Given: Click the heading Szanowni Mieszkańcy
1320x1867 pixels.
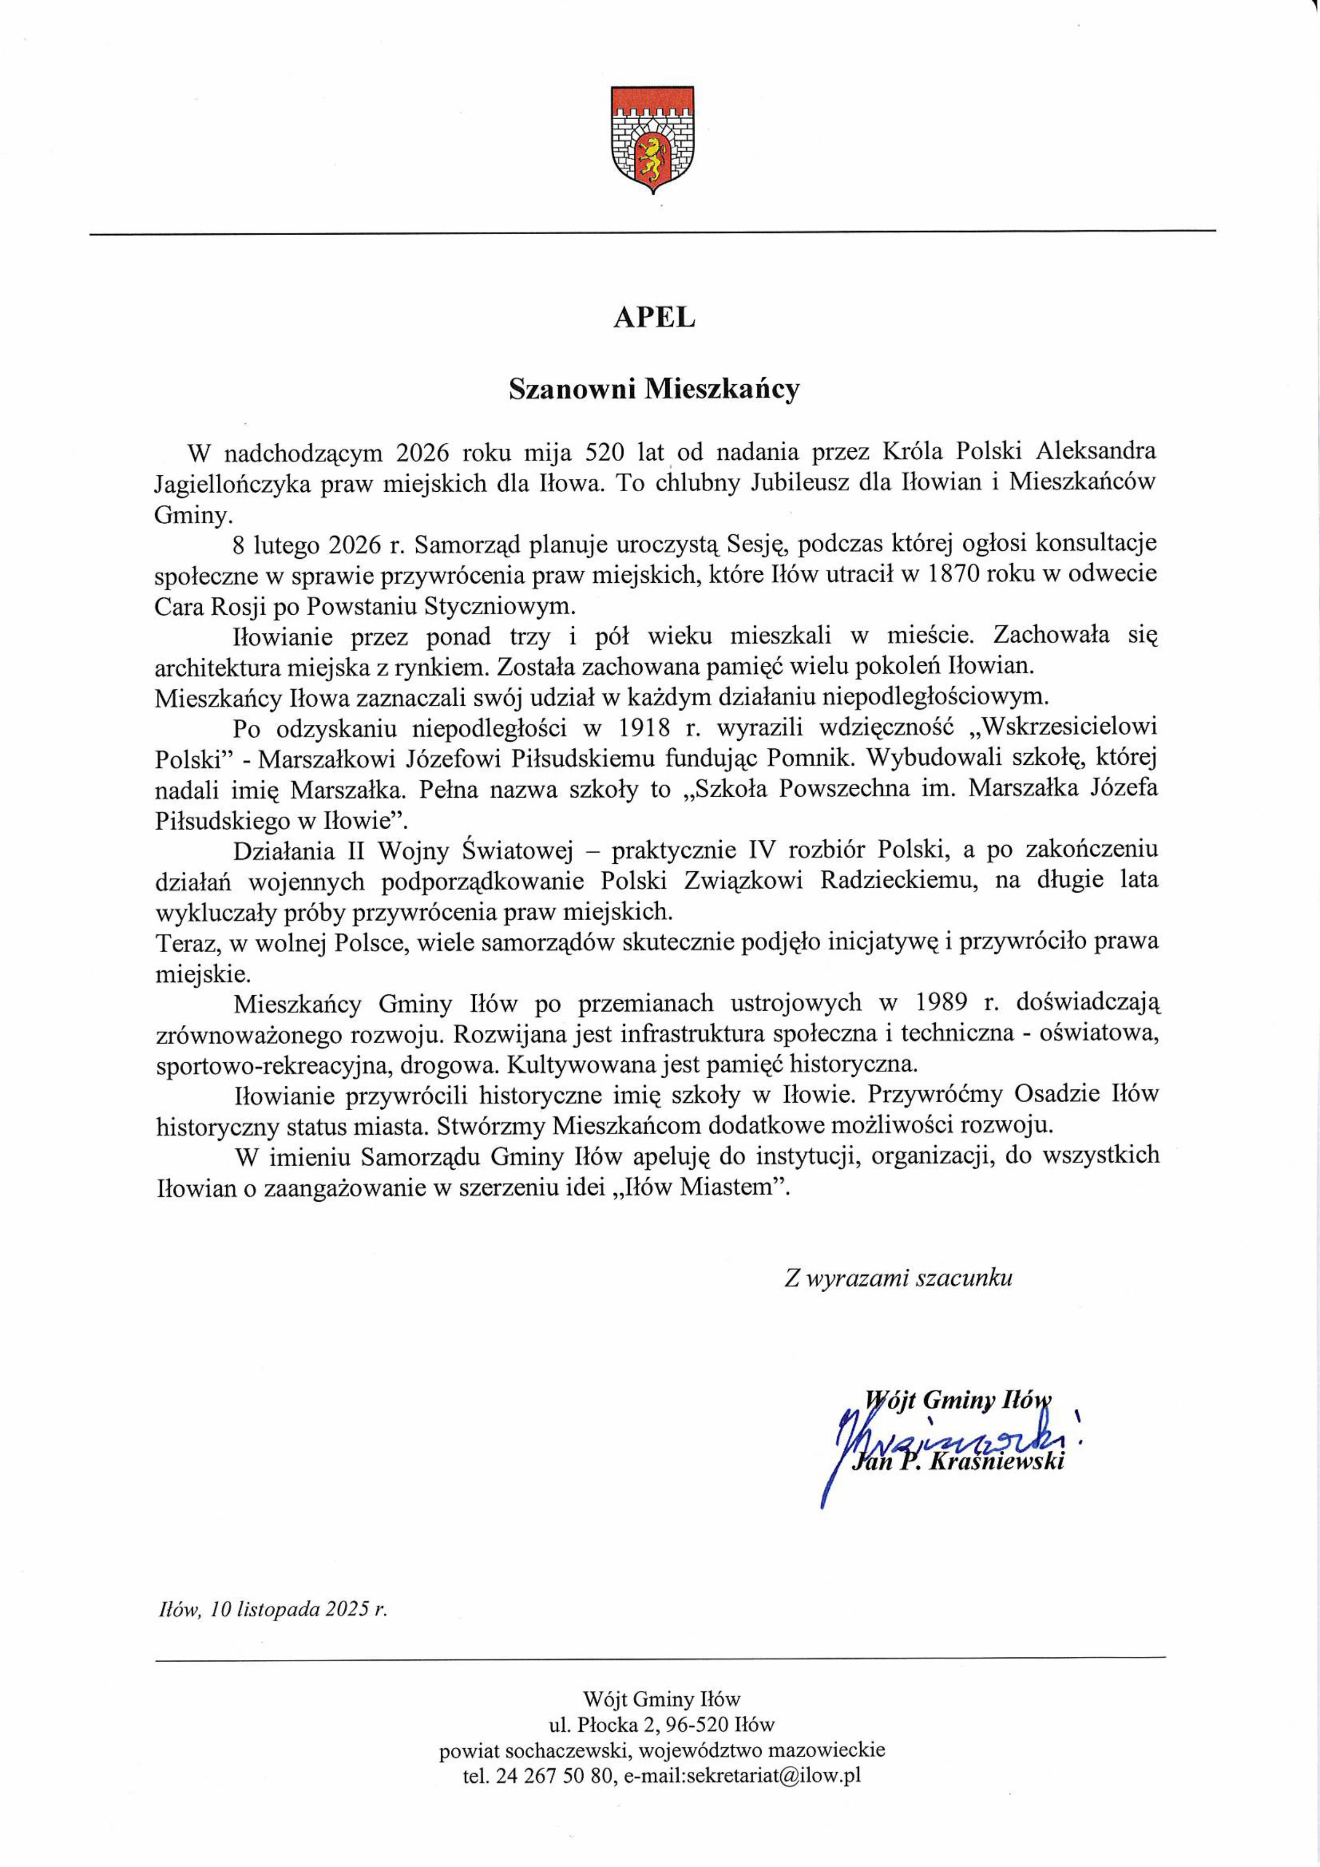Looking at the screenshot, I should point(654,390).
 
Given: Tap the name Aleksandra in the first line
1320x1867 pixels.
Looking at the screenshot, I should point(1095,452).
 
